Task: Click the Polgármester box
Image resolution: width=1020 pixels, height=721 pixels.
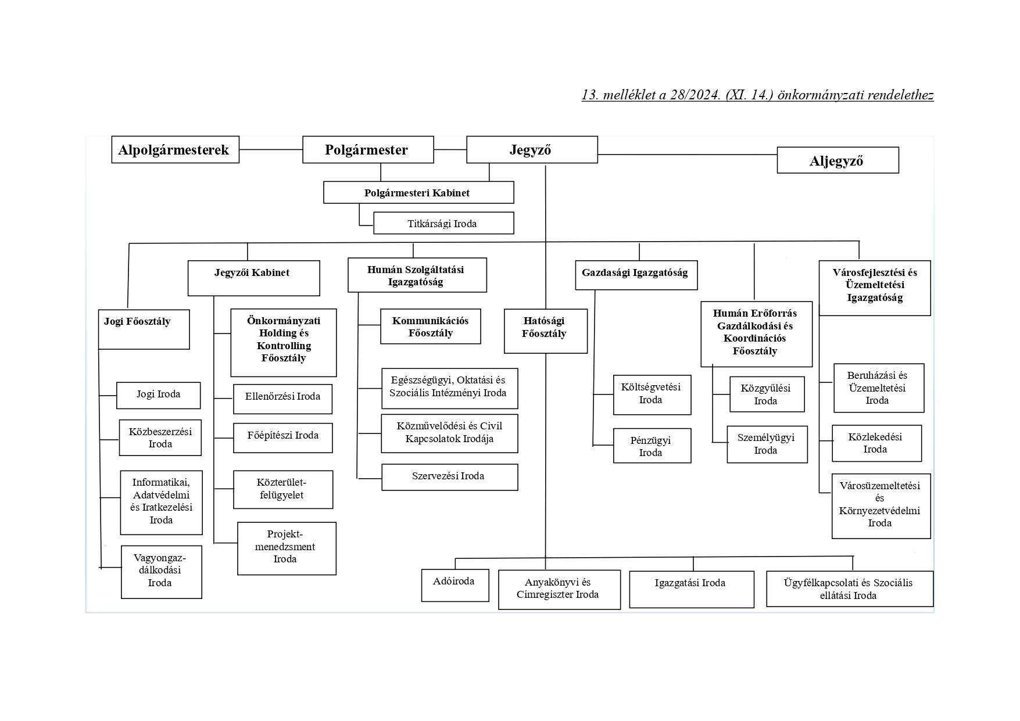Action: [x=368, y=150]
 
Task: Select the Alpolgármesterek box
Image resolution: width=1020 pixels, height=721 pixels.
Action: [x=175, y=150]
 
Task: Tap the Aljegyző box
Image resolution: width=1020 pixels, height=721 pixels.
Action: [x=838, y=160]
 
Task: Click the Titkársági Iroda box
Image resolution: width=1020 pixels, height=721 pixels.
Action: [x=443, y=223]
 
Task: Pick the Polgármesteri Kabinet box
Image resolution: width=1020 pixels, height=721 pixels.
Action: [x=418, y=193]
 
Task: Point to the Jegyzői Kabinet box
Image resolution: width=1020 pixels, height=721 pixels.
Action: [x=253, y=278]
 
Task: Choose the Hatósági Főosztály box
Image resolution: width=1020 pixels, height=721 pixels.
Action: [x=545, y=331]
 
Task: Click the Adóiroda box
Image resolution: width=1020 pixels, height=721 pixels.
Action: [x=454, y=585]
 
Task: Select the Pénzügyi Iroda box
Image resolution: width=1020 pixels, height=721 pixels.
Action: [x=652, y=446]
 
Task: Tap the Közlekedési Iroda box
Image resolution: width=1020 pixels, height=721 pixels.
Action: [x=876, y=443]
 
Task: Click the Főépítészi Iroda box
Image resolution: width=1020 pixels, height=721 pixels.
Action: [x=282, y=437]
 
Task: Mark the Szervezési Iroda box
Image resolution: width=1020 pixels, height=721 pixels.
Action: [x=449, y=477]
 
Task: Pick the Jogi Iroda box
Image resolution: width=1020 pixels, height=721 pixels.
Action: [x=158, y=395]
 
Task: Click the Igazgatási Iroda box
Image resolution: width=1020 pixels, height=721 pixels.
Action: [x=691, y=589]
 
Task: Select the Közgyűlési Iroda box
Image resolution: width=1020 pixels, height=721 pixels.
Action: [x=767, y=394]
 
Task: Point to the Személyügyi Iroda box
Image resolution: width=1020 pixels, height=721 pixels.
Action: [x=767, y=444]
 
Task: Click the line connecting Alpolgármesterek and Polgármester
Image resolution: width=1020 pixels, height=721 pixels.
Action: [x=270, y=149]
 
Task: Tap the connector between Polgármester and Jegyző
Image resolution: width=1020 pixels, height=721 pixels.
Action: [x=450, y=149]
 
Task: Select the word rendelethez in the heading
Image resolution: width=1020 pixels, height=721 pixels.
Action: [x=900, y=95]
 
